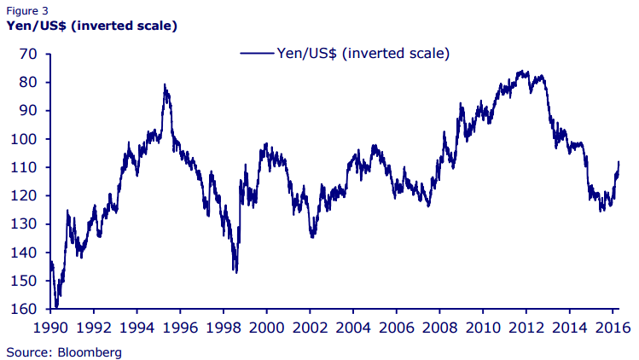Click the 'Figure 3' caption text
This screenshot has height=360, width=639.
point(27,10)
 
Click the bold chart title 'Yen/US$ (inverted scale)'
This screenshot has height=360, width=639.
point(91,26)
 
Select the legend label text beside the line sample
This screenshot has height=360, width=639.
point(363,53)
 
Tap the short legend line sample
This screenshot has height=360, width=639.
point(257,53)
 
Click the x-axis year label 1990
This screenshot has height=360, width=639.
point(49,326)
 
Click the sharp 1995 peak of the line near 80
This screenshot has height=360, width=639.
point(165,84)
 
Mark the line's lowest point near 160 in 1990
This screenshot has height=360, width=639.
point(56,306)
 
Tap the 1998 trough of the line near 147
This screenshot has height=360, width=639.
point(235,272)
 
